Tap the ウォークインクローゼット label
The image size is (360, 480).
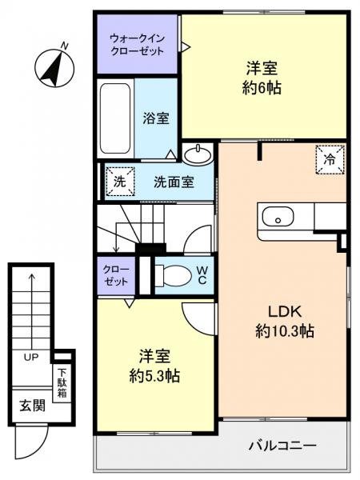coord(137,43)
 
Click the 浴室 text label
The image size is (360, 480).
coord(156,118)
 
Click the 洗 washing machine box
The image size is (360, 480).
coord(118,181)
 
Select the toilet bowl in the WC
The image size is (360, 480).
coord(170,275)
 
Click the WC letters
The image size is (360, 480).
coord(202,274)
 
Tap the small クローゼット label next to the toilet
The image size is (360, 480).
coord(114,275)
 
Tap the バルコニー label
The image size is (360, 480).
coord(281,445)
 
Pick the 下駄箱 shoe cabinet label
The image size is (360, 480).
coord(62,382)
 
